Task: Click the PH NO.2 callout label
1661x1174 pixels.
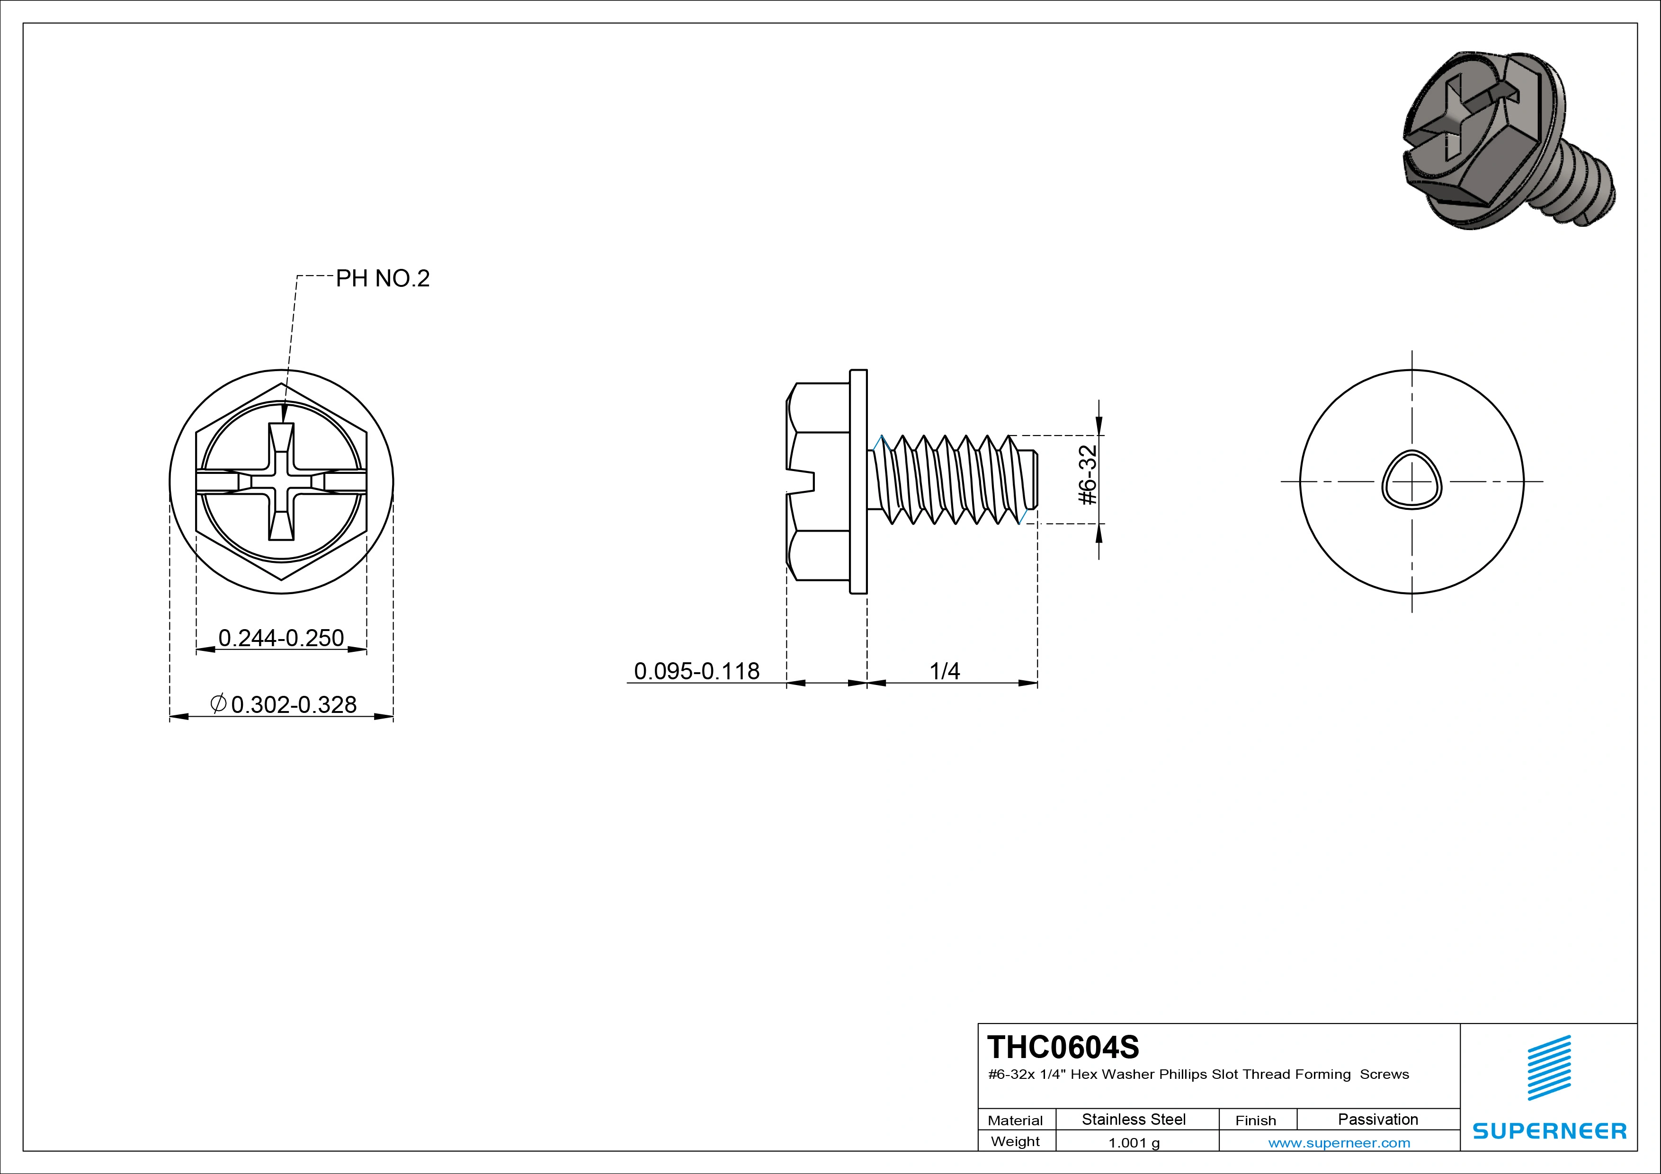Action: (382, 278)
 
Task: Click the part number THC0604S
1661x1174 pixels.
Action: (1062, 1047)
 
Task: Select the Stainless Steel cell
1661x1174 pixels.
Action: (1133, 1119)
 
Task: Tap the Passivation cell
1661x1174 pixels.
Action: (1377, 1119)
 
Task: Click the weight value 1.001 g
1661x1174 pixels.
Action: (1133, 1143)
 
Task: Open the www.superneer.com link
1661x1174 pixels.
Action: (1339, 1143)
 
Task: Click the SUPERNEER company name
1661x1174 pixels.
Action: (1549, 1130)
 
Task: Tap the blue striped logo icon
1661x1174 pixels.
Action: (1549, 1067)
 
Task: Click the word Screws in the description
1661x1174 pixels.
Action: (1384, 1074)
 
